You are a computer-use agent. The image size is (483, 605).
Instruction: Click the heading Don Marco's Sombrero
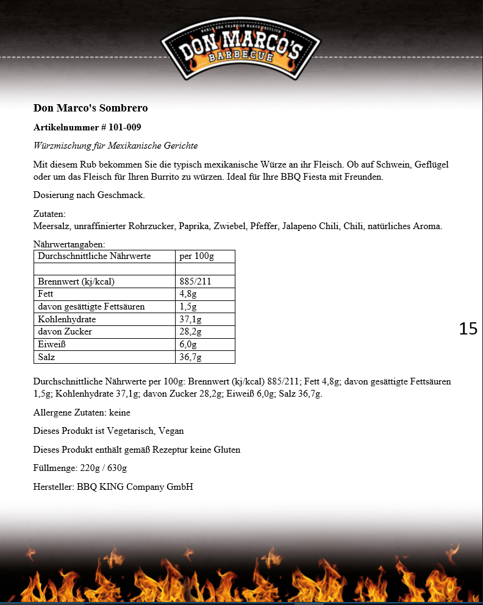[x=90, y=108]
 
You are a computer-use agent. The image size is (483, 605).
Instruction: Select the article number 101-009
[x=129, y=127]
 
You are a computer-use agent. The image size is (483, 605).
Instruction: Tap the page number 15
[x=468, y=328]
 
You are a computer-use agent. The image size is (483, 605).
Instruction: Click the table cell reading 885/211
[x=195, y=281]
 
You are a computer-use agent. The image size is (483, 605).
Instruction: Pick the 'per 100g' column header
[x=196, y=256]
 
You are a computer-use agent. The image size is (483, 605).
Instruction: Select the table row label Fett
[x=46, y=294]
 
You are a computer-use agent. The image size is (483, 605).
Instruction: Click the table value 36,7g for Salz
[x=190, y=357]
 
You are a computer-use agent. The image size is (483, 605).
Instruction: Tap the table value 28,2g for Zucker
[x=190, y=332]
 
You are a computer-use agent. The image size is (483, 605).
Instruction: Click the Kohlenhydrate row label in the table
[x=66, y=319]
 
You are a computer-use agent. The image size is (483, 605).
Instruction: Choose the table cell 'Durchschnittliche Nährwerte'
[x=94, y=256]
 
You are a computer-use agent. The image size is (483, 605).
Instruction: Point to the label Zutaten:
[x=49, y=214]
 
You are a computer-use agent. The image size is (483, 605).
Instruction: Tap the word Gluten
[x=227, y=450]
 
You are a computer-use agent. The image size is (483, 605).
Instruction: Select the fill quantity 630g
[x=116, y=469]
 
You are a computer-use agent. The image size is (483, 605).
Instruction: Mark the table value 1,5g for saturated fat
[x=188, y=306]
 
